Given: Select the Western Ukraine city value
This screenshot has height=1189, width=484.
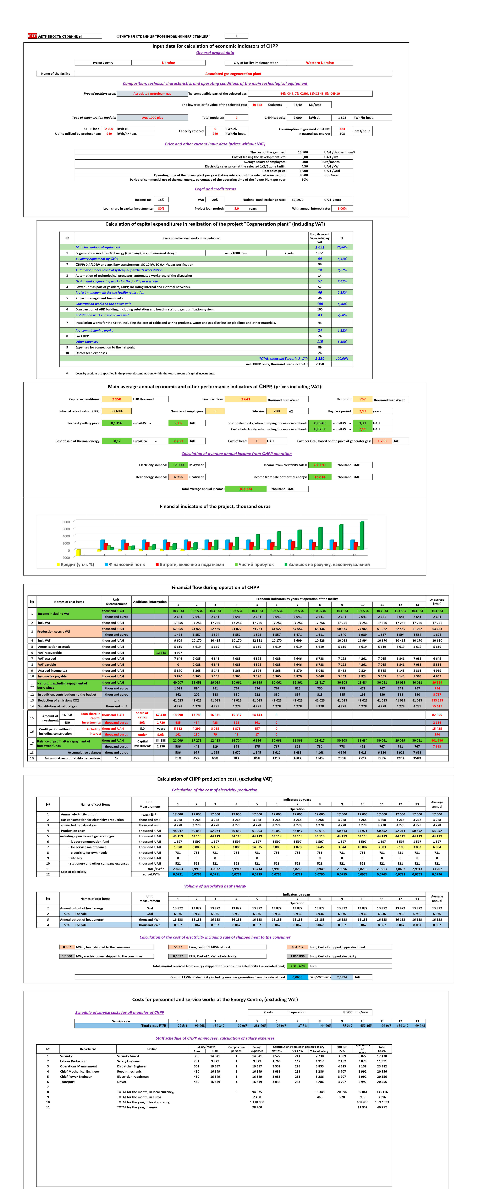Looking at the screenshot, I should tap(320, 63).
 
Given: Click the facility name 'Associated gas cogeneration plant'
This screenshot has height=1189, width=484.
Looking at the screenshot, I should tap(233, 74).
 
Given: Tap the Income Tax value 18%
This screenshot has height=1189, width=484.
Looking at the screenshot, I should tap(161, 200).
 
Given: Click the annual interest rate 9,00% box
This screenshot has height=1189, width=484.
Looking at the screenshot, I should tap(342, 209).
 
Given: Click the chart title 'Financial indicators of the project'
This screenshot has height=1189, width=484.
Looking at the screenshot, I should tap(215, 506).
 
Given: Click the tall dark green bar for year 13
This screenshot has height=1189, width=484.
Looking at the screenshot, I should tap(362, 535).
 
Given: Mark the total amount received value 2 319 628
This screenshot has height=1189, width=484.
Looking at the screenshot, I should tap(297, 966).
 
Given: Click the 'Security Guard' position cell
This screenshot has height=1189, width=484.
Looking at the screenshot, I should tap(128, 1056).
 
